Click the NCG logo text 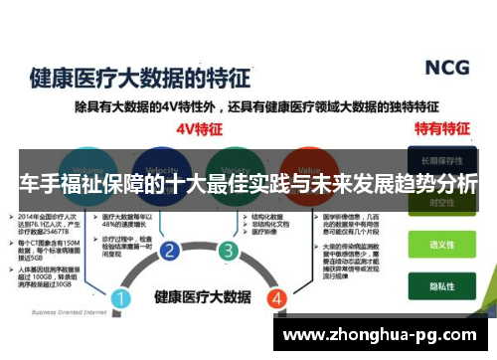tap(446, 68)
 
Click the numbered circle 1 tap(120, 297)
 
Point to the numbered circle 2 tap(170, 250)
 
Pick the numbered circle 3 tap(229, 250)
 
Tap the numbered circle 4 tap(278, 297)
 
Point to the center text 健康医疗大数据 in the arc tap(199, 296)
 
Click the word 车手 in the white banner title tap(39, 185)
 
